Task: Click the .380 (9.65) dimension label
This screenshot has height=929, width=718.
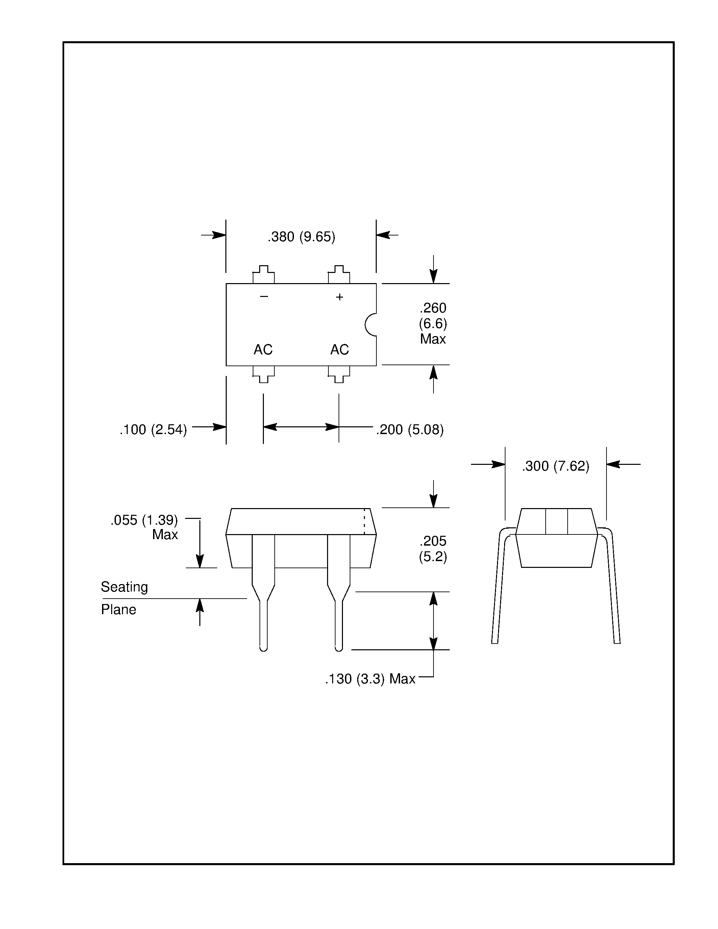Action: tap(301, 237)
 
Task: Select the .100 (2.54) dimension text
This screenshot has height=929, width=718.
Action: tap(153, 430)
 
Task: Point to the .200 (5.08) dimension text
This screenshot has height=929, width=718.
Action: tap(410, 430)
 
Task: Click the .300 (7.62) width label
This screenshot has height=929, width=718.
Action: tap(555, 466)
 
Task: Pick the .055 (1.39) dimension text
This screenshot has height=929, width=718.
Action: tap(144, 520)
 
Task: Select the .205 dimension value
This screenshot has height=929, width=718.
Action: tap(433, 541)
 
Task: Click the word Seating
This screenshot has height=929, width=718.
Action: tap(124, 587)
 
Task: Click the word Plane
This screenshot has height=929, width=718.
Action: tap(119, 609)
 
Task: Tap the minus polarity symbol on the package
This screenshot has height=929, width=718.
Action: tap(264, 297)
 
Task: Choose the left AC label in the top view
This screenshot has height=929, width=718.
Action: tap(263, 350)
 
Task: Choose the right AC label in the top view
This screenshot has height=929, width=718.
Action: tap(340, 350)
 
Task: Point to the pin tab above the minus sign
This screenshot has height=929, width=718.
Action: tap(264, 275)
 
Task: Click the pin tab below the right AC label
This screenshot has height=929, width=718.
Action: tap(339, 374)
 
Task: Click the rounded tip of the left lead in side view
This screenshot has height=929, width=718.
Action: tap(263, 648)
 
